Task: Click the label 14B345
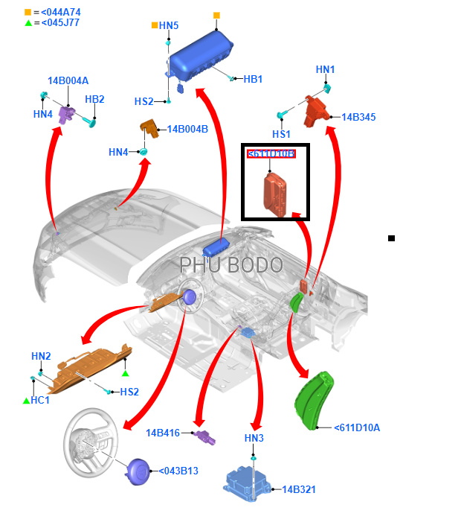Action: coord(358,117)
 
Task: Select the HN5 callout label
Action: coord(169,26)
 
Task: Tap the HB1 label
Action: coord(253,79)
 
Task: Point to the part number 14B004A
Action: coord(68,80)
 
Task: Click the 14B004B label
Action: coord(187,129)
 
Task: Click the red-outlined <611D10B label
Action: coord(271,154)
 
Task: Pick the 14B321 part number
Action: coord(299,489)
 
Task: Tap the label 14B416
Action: coord(163,433)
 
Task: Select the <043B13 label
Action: coord(178,471)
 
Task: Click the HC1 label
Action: coord(40,400)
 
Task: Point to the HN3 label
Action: coord(254,438)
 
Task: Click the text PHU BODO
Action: coord(230,265)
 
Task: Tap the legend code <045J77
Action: coord(56,23)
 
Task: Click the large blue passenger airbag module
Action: coord(200,58)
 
